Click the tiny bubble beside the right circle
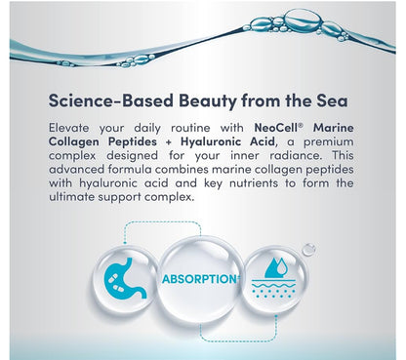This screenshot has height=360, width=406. (308, 250)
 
